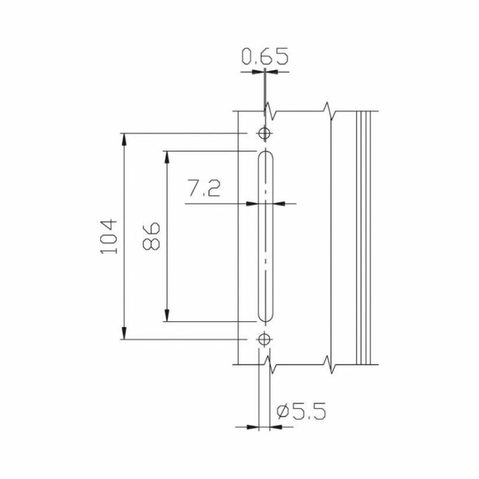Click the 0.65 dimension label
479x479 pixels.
(265, 56)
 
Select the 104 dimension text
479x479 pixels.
(109, 236)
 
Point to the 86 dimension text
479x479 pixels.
(151, 236)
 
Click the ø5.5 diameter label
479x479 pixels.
(301, 411)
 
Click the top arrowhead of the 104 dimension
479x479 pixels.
(123, 140)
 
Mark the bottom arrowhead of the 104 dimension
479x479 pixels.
(123, 333)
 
